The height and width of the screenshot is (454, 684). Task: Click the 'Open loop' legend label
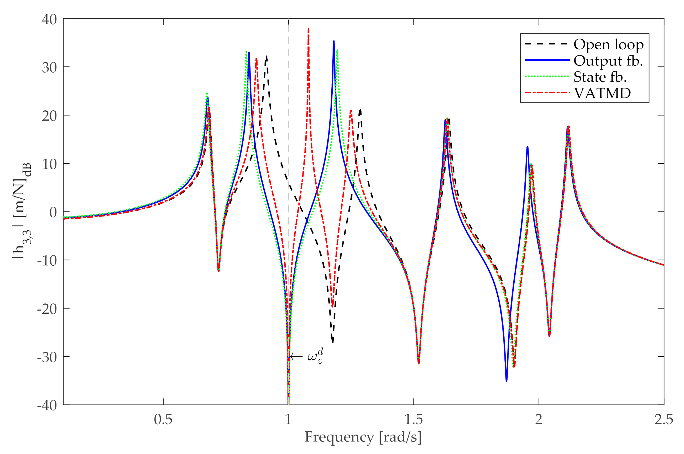608,45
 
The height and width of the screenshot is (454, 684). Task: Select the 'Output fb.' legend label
608,61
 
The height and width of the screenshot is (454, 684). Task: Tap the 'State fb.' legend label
600,77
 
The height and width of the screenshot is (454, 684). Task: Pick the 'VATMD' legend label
602,93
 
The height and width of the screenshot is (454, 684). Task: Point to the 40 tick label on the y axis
49,20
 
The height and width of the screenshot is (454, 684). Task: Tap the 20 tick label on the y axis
49,116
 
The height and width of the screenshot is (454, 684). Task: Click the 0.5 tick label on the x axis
163,420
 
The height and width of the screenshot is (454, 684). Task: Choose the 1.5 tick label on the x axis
413,420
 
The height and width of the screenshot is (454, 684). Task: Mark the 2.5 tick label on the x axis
664,420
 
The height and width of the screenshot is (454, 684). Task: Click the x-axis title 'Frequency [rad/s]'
363,437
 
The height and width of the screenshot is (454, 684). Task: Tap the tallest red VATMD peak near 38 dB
309,28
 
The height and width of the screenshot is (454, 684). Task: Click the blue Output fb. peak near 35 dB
334,42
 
